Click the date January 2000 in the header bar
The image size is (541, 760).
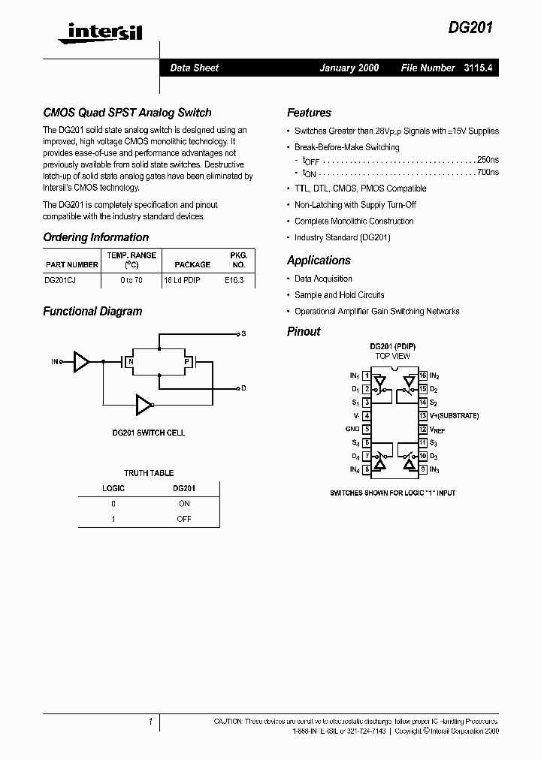click(x=349, y=68)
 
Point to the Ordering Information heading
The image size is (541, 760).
click(x=95, y=237)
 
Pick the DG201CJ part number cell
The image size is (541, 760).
click(x=61, y=279)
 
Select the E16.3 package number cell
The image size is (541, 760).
click(x=234, y=279)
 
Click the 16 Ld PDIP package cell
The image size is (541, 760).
click(x=182, y=279)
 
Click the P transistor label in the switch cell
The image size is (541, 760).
click(x=187, y=362)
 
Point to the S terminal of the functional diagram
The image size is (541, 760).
click(x=243, y=333)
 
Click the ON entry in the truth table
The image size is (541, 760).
click(x=184, y=504)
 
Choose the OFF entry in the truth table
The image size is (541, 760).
click(x=184, y=519)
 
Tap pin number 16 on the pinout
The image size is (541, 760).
click(x=423, y=375)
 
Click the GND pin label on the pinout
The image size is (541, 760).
click(x=352, y=430)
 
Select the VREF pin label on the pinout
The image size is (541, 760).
click(x=437, y=430)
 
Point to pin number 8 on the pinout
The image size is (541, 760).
click(x=366, y=470)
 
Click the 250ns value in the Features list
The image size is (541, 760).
click(x=488, y=160)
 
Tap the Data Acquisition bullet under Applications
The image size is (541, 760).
click(x=323, y=279)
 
